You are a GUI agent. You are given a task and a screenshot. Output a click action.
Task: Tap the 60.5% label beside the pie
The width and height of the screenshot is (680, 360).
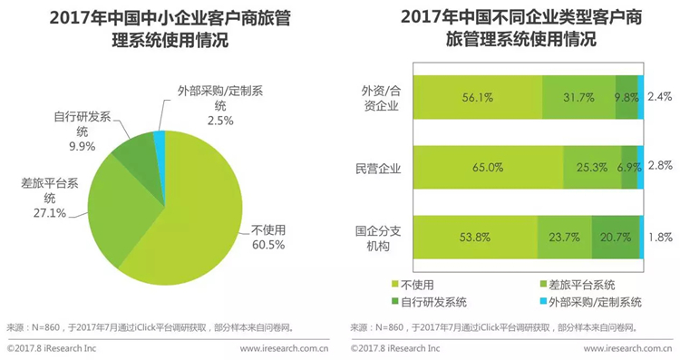pos(268,245)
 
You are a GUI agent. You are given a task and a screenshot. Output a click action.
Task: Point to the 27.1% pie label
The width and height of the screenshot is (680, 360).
pos(50,213)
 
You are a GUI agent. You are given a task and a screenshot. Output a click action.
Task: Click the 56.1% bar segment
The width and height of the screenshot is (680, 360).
pos(478,97)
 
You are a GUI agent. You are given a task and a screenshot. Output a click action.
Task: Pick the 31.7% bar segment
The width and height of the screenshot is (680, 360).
pos(578,97)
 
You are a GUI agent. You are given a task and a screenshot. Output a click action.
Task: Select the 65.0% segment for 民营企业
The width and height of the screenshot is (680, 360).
pos(489,168)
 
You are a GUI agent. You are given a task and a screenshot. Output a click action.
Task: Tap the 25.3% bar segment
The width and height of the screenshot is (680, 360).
pos(592,168)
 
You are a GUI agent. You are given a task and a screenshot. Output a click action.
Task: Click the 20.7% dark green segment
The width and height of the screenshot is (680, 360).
pos(616,238)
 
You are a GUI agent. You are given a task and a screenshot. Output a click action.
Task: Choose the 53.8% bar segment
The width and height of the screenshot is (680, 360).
pos(475,238)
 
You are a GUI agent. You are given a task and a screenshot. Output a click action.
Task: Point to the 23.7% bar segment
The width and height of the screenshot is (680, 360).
pos(565,238)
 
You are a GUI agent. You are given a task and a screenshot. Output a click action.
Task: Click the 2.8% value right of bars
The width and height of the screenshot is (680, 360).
pos(660,166)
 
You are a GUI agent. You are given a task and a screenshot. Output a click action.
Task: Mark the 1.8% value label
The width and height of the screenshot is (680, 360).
pos(660,238)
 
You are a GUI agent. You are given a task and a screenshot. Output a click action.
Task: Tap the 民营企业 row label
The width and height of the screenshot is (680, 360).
pos(378,169)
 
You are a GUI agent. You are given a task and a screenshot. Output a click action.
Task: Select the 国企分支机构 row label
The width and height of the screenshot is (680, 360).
pos(378,238)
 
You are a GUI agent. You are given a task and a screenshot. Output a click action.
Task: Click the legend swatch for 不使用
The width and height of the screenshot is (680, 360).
pos(395,285)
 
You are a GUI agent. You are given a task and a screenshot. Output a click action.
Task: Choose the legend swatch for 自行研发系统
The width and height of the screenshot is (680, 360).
pos(395,301)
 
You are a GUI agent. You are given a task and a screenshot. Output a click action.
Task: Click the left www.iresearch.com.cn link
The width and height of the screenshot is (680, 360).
pos(284,348)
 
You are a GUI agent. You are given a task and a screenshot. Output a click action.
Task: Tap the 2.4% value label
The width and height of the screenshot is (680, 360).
pos(660,96)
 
